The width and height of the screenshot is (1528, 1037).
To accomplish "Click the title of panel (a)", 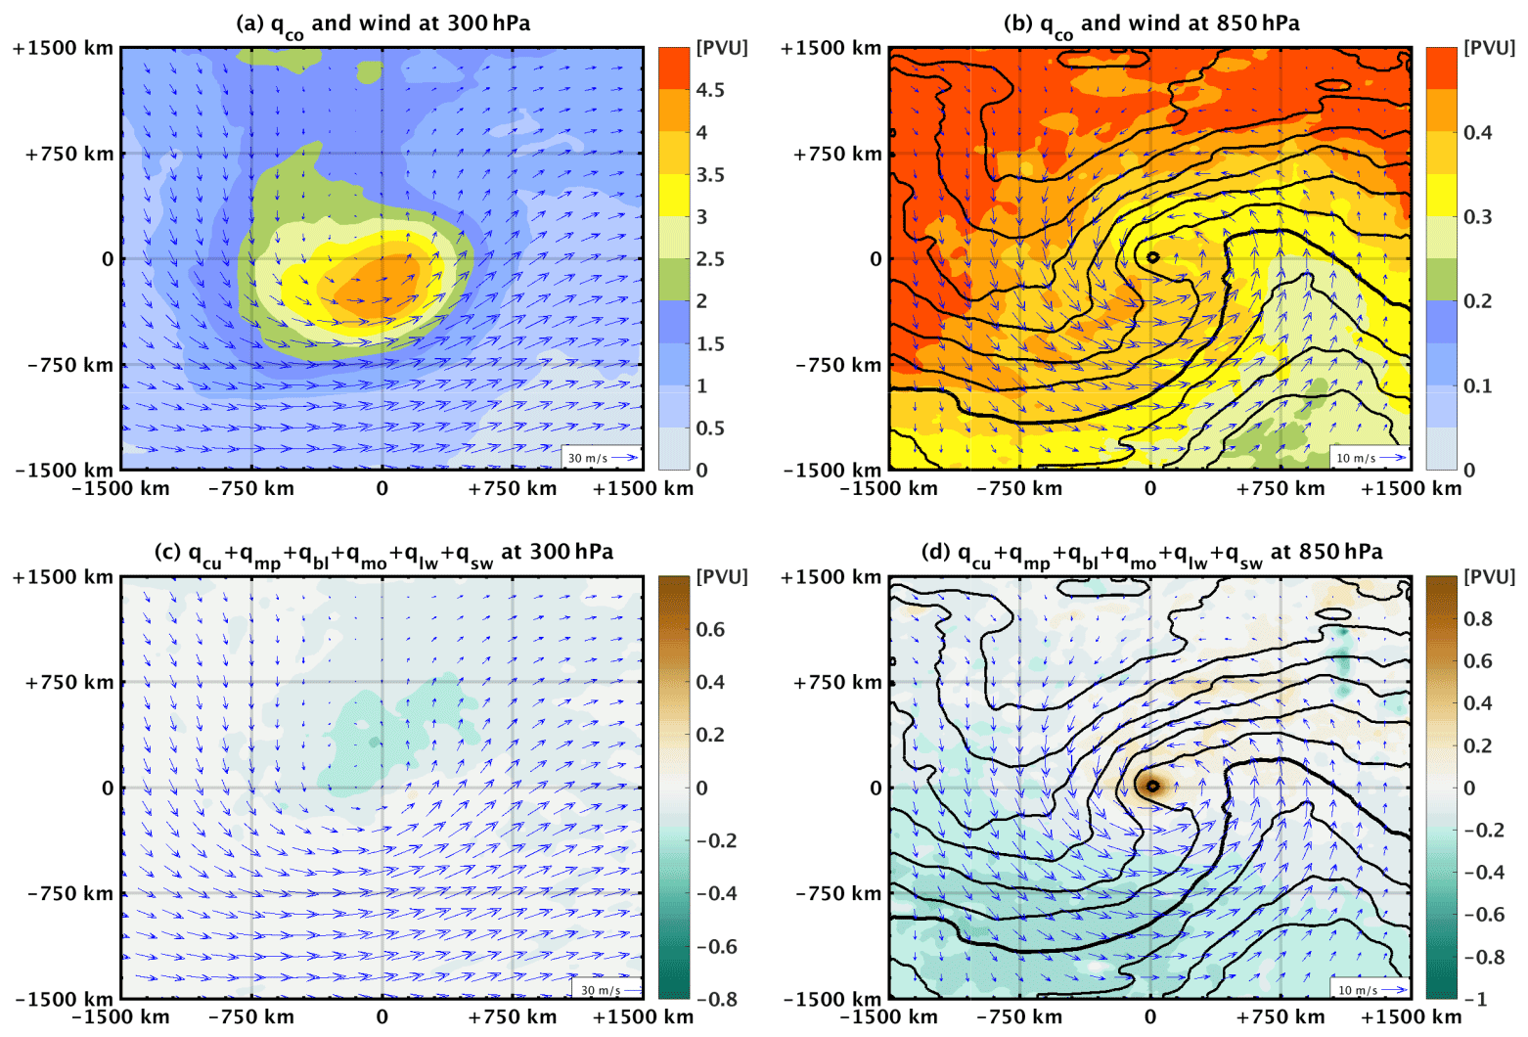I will [x=382, y=23].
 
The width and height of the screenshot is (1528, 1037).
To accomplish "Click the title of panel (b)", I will [x=1151, y=23].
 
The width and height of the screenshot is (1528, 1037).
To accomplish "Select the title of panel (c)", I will [x=382, y=553].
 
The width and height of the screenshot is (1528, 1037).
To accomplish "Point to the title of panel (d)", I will [x=1151, y=553].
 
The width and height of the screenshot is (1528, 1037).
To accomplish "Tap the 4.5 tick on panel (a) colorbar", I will [x=709, y=90].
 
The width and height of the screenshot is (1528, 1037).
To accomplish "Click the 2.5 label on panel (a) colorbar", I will [x=709, y=259].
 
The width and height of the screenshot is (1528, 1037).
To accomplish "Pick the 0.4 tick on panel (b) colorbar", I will [x=1477, y=132].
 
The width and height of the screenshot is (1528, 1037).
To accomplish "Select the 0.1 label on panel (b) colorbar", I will [x=1477, y=385].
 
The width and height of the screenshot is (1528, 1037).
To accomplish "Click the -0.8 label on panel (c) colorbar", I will [x=716, y=999].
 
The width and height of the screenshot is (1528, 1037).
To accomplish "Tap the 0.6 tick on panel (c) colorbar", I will [x=709, y=629].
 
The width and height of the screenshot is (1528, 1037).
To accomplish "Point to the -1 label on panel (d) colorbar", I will [x=1475, y=999].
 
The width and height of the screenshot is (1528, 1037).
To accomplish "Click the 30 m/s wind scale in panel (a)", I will [x=602, y=458].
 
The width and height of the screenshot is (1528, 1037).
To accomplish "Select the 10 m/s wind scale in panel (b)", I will [x=1371, y=458].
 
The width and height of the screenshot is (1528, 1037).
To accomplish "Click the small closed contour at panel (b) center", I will [x=1152, y=257].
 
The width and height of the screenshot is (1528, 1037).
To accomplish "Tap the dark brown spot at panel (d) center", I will [x=1151, y=786].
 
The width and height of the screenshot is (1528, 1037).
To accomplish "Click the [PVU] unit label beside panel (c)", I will [x=721, y=577].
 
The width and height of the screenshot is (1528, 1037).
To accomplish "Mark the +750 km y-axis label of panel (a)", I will [x=69, y=154].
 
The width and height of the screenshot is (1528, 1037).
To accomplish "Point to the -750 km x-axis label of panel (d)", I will [x=1019, y=1016].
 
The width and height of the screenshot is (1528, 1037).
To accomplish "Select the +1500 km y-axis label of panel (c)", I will [x=63, y=577].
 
